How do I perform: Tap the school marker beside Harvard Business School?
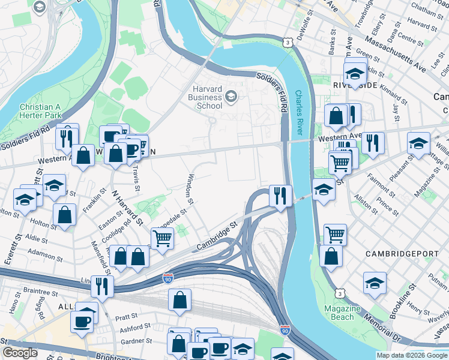click(231, 96)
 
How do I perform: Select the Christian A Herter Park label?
click(41, 110)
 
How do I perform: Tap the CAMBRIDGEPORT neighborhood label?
click(402, 254)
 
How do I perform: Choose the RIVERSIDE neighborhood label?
click(355, 86)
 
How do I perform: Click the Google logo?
click(20, 353)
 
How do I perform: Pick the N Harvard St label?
click(127, 209)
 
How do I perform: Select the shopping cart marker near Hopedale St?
click(162, 238)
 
